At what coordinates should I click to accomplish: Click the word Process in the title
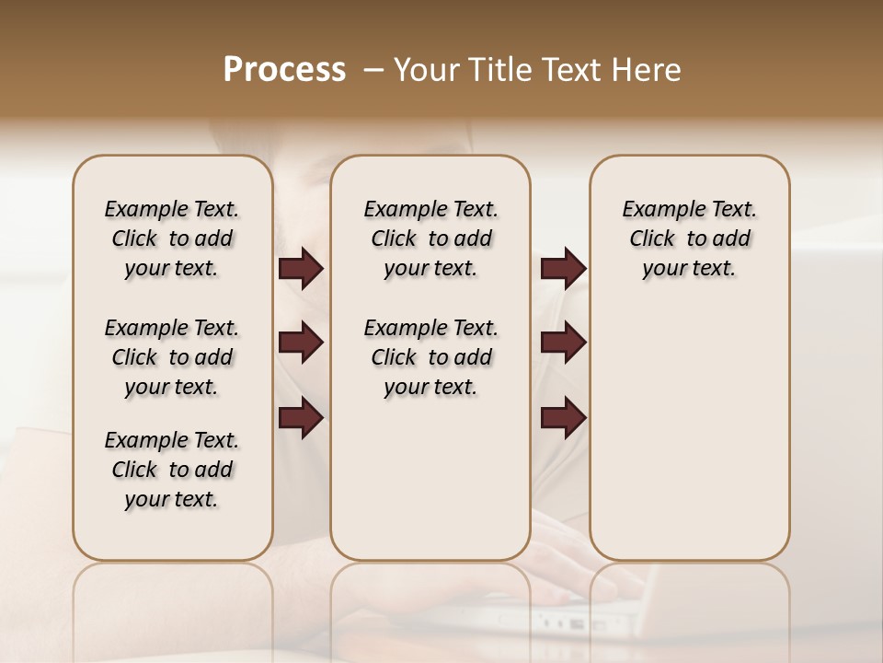click(x=284, y=70)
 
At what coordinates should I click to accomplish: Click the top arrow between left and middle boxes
click(x=301, y=269)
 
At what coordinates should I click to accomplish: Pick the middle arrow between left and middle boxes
click(x=301, y=343)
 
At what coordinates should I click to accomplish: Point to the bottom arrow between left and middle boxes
click(x=301, y=419)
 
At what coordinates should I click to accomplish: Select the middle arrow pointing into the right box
click(x=563, y=343)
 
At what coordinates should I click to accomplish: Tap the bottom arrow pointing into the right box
click(x=563, y=419)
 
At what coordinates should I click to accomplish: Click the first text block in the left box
click(x=172, y=239)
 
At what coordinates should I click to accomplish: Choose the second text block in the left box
click(x=172, y=357)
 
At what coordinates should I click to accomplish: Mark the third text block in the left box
click(x=172, y=470)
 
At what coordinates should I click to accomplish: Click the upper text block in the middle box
click(x=430, y=239)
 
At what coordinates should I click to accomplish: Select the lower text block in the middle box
click(x=430, y=357)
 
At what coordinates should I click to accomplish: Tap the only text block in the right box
click(x=690, y=239)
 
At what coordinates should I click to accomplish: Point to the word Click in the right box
click(x=652, y=239)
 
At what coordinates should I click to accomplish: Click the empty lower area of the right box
click(x=690, y=433)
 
